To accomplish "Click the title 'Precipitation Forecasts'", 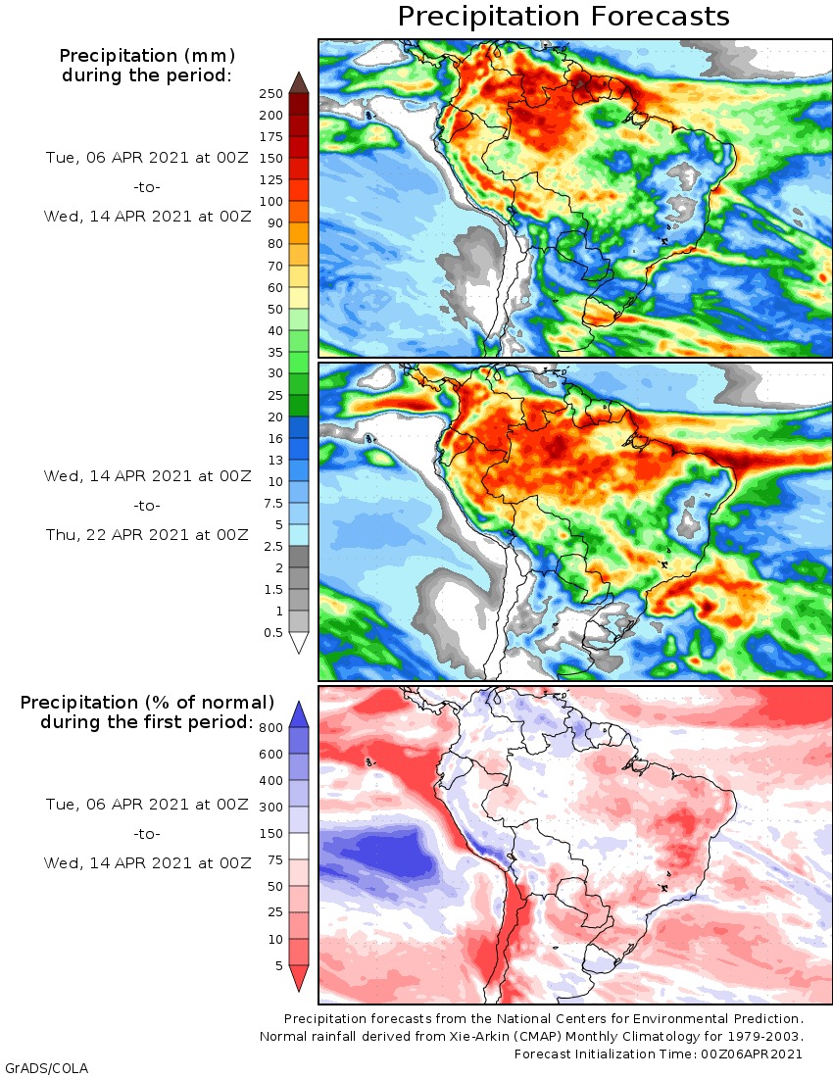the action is (x=563, y=17).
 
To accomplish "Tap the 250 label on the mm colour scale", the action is (x=270, y=93).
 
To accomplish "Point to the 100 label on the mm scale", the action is (x=270, y=202).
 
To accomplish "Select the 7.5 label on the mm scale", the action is (x=272, y=504).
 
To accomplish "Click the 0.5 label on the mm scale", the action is (x=272, y=632).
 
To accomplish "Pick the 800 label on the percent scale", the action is (x=270, y=727).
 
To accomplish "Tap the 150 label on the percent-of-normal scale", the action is (x=270, y=833).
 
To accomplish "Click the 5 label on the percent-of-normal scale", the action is (x=279, y=965).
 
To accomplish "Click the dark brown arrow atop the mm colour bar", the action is (x=299, y=83).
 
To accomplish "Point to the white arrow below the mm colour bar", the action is (x=299, y=642).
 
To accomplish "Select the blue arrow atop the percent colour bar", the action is (x=299, y=715).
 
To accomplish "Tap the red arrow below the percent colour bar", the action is (x=299, y=977).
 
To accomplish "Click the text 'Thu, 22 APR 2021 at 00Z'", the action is (x=147, y=535).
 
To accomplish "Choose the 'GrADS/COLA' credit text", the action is (x=47, y=1067).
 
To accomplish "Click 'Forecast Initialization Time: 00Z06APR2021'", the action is (x=658, y=1053).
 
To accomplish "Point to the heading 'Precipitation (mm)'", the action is (x=147, y=56).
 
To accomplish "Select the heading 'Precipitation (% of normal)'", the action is (x=147, y=703).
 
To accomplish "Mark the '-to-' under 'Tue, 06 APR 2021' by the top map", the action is (x=147, y=187).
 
